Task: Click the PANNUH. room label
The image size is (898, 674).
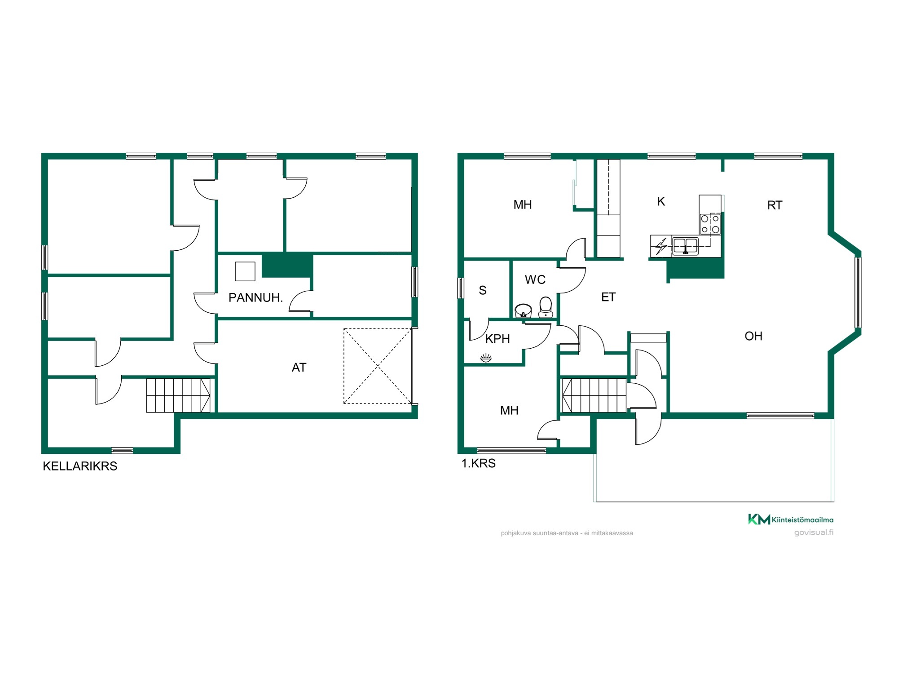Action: point(255,297)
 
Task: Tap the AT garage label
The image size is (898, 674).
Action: point(299,368)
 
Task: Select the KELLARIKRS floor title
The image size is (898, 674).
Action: point(80,466)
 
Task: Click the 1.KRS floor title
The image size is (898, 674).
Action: point(479,463)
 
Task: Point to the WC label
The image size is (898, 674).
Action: point(535,279)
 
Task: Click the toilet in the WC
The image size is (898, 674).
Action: point(546,307)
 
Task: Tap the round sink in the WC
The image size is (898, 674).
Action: point(523,310)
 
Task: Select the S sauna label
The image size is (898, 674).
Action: point(483,290)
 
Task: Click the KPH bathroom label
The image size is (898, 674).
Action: point(497,339)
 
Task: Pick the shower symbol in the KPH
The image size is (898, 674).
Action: point(486,358)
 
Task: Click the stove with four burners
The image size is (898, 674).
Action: point(710,224)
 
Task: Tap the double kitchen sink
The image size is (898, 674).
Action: point(685,246)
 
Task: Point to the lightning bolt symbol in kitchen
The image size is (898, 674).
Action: point(661,247)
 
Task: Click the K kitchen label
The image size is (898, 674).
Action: point(661,201)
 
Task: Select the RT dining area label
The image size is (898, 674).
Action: point(775,205)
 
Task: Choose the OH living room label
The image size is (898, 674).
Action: point(753,336)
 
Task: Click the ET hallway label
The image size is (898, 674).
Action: point(608,297)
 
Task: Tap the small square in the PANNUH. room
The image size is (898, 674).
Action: point(245,271)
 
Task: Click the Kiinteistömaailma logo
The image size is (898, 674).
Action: point(791,519)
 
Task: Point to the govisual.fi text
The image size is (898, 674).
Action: point(814,532)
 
